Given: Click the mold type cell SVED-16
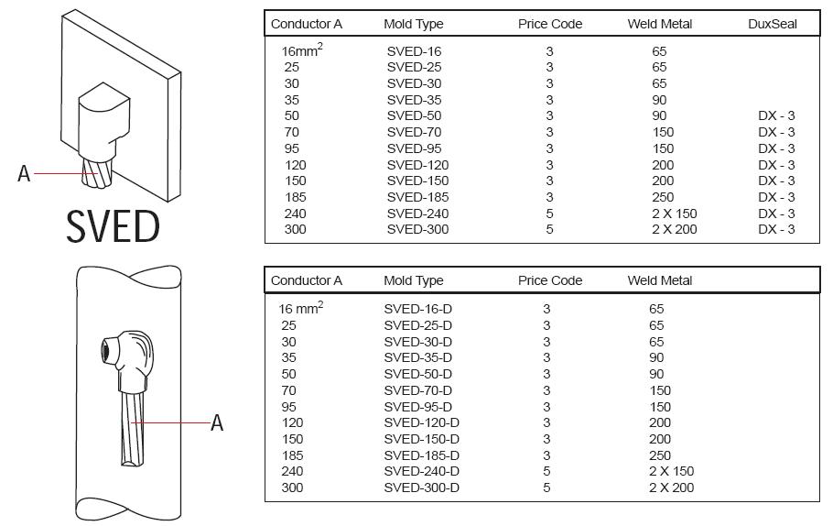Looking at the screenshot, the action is tap(414, 51).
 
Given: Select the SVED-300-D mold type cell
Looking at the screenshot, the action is tap(421, 488).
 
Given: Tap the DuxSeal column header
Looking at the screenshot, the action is tap(773, 24).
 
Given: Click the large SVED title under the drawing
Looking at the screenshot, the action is tap(113, 226).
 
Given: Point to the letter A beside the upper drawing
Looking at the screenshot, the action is tap(24, 174).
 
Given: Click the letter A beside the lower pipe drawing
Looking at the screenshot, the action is tap(217, 423).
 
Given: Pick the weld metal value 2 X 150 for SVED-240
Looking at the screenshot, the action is tap(674, 214).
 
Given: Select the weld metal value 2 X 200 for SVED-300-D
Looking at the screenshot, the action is tap(672, 488).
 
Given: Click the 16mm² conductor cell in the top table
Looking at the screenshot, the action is tap(302, 50).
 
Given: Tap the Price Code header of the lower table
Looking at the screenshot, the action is tap(550, 280).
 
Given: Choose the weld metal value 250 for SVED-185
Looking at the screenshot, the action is tap(663, 197).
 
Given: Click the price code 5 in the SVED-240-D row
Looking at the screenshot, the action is tap(546, 471).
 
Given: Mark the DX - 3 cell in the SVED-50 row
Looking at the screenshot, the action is tap(776, 116).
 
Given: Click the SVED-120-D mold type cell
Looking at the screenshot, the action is tap(421, 422).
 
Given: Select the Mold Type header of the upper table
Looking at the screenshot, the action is tap(414, 24).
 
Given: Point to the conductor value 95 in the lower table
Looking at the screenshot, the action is tap(288, 407).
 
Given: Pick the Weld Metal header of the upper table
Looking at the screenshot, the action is tap(660, 24).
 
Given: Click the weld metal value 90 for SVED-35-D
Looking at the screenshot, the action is tap(656, 358).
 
